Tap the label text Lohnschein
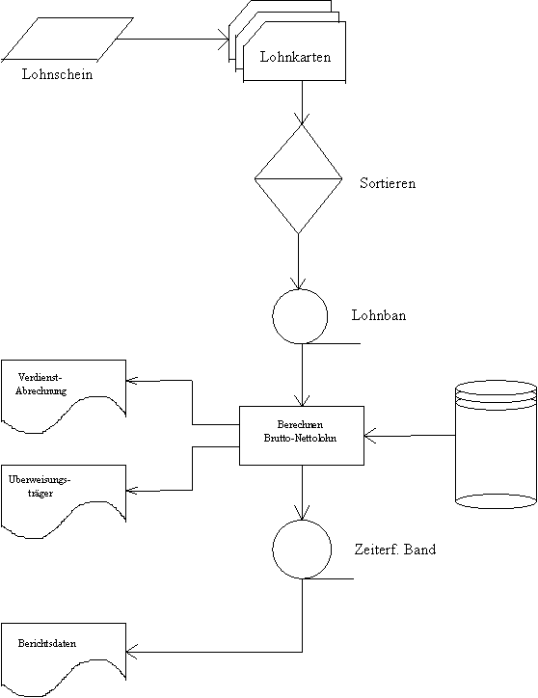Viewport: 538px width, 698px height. pos(58,74)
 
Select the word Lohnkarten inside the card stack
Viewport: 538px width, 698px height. pos(295,57)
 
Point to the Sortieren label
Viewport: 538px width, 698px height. pos(388,183)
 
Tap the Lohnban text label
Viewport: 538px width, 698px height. pos(379,315)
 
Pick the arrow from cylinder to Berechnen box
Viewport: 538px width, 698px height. pos(410,436)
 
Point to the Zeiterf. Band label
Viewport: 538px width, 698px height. pos(395,550)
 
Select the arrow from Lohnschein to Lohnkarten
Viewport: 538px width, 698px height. pos(173,39)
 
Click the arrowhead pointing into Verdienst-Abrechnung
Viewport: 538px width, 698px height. pos(131,380)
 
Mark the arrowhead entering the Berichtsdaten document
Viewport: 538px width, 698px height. pos(131,652)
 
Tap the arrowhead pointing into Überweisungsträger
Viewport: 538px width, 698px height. pos(131,491)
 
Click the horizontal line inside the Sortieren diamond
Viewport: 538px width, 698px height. pos(298,179)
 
